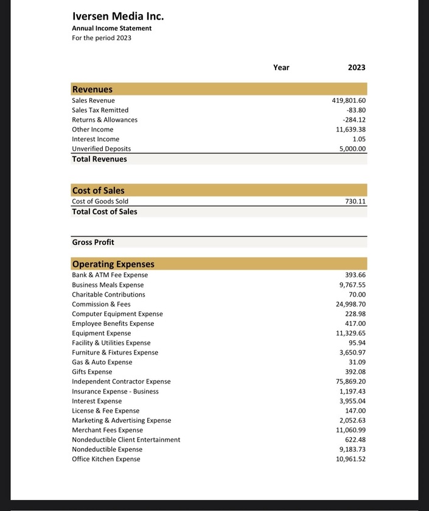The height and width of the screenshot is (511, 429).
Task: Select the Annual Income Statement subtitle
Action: coord(111,28)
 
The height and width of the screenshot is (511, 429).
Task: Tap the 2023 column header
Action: coord(357,68)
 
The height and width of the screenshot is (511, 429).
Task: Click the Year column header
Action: coord(281,68)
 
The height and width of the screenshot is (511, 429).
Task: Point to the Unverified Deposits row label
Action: coord(101,149)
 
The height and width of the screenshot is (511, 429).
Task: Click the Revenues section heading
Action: coord(92,89)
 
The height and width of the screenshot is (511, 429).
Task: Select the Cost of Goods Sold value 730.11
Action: coord(354,201)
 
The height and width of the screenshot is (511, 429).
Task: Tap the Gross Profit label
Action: coord(93,242)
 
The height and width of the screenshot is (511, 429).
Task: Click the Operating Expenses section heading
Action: coord(113,264)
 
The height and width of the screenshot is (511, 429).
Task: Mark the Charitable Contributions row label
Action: coord(108,294)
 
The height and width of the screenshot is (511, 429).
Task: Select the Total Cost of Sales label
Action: coord(105,212)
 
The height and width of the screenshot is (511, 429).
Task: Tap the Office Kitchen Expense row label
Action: coord(106,459)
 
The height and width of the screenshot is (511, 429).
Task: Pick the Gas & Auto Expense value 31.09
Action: coord(356,362)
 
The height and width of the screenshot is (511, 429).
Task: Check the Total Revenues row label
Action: coord(99,159)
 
